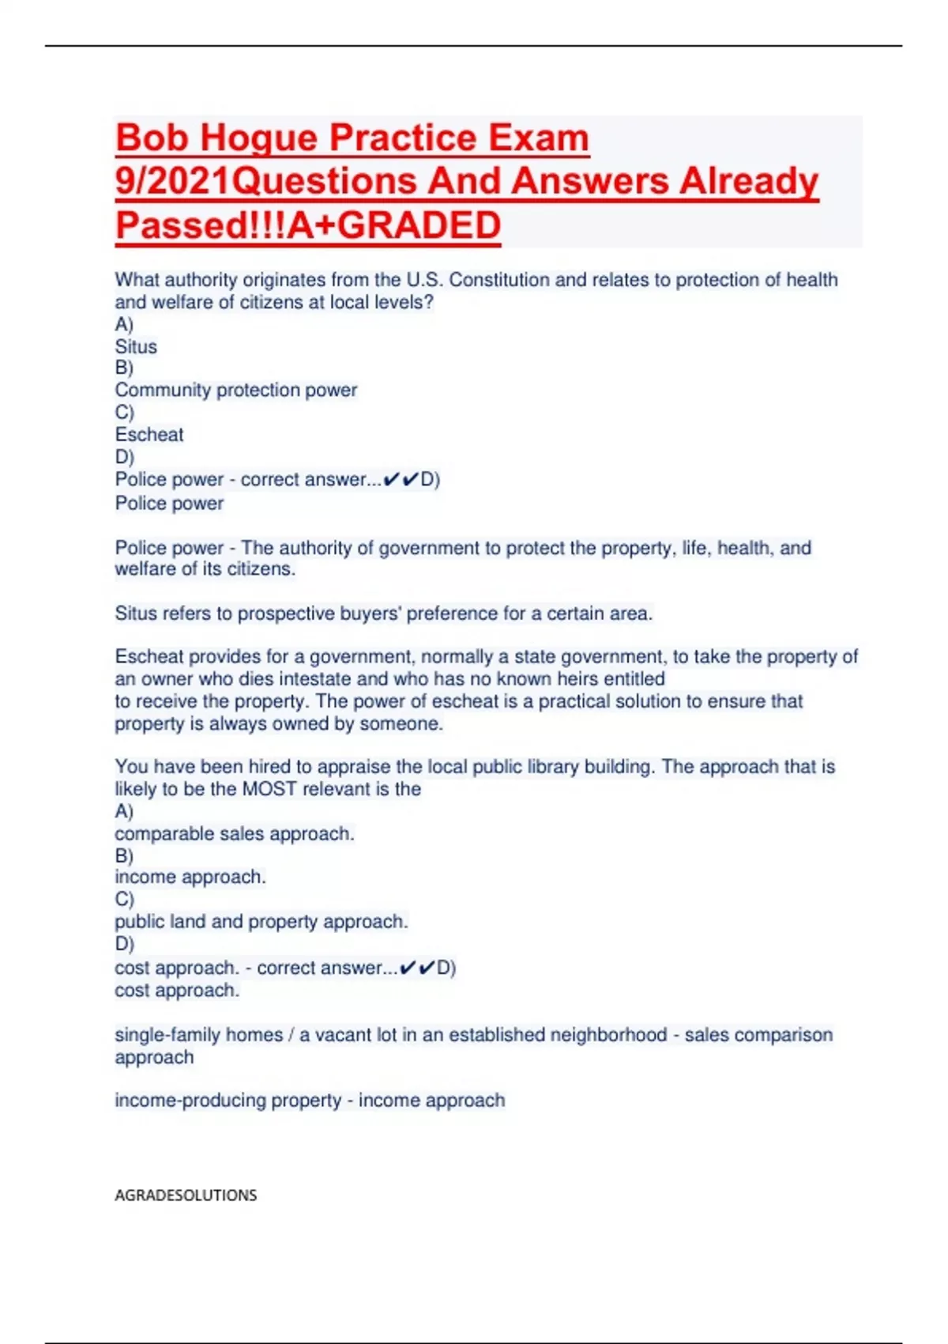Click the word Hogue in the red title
point(258,138)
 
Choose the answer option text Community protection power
point(235,391)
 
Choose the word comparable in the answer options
point(164,834)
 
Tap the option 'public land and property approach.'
point(261,922)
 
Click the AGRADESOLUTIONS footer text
point(186,1195)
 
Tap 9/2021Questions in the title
point(264,182)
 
